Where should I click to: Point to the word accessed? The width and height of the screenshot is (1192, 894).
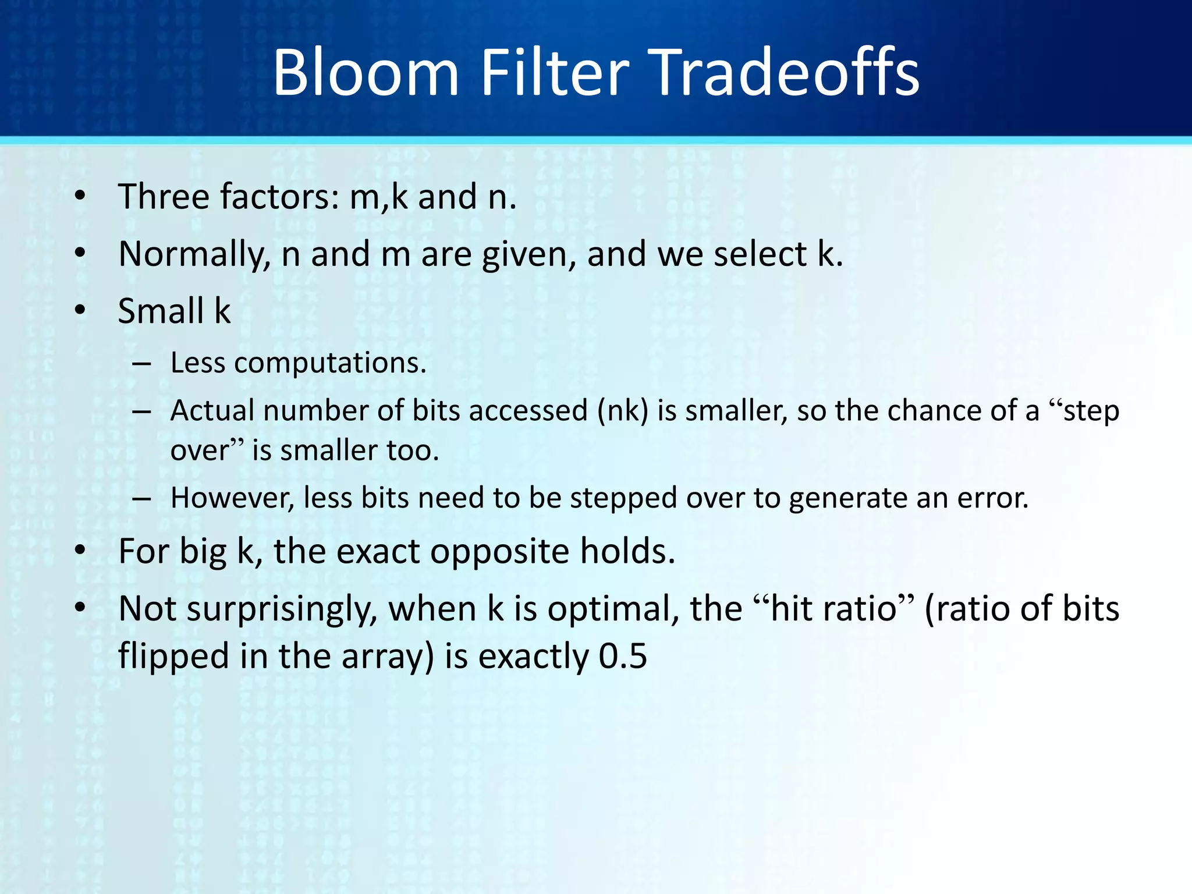pos(528,411)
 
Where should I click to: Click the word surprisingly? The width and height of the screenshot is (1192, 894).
pos(282,609)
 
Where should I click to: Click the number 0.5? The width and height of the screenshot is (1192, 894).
pos(623,657)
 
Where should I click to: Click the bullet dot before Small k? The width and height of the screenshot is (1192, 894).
pos(80,311)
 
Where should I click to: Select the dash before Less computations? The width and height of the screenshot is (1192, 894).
pos(141,365)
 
